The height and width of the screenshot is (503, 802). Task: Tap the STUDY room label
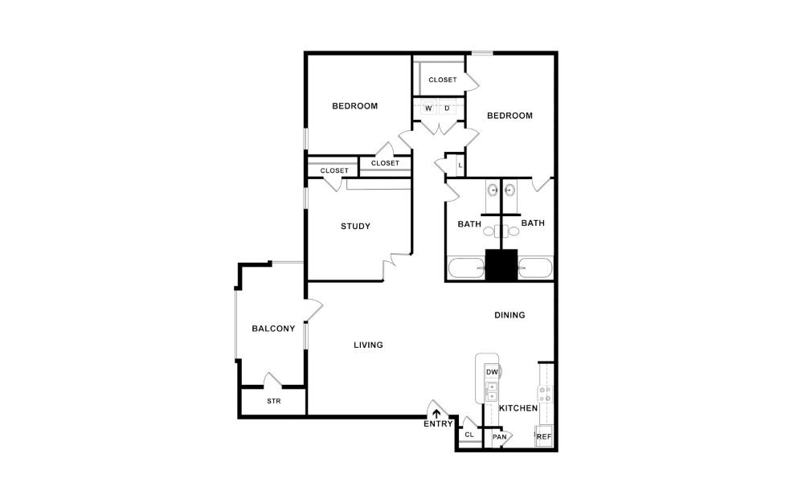[355, 226]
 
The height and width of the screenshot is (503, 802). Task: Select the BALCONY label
[273, 328]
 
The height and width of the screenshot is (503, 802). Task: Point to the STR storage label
[273, 401]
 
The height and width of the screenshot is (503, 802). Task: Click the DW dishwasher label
[491, 371]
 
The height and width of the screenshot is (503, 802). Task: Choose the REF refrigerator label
[544, 436]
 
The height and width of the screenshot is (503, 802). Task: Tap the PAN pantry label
[499, 436]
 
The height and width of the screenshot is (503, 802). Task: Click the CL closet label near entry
[469, 435]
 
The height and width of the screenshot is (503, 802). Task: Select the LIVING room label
[368, 345]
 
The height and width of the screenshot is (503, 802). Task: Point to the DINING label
[509, 315]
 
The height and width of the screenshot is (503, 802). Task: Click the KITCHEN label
[518, 408]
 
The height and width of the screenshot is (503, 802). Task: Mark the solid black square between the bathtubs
[501, 265]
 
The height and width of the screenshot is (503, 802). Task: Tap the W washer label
[428, 108]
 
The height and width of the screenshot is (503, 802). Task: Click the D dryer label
[447, 108]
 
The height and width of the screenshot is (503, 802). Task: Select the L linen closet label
[459, 166]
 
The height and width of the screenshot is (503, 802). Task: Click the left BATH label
[469, 224]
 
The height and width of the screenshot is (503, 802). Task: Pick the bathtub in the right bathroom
[535, 268]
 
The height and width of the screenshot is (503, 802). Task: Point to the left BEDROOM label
[355, 106]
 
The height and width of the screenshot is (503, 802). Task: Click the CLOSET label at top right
[442, 80]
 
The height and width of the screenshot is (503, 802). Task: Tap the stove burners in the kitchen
[545, 394]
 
